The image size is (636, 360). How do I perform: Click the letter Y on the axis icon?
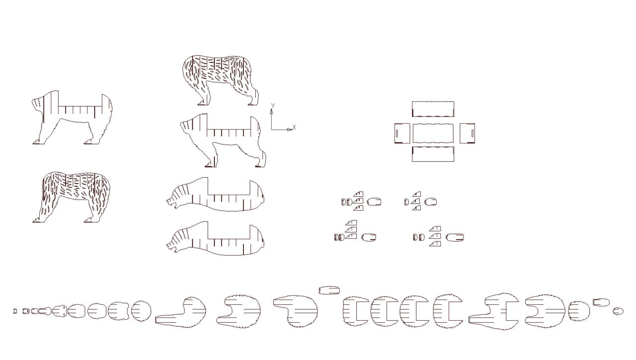pos(273,106)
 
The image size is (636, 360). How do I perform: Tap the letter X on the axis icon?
pos(294,128)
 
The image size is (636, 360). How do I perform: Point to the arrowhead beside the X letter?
pos(290,130)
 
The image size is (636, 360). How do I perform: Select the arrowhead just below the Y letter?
pos(271,111)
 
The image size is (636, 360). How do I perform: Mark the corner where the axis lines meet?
pos(271,130)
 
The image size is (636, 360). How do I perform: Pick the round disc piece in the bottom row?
pos(141,311)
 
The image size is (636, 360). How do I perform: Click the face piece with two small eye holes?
pos(60,311)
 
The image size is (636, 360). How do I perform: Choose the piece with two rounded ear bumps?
pos(119,311)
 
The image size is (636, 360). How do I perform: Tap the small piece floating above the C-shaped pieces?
pos(329,290)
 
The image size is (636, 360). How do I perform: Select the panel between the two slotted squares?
pos(433,133)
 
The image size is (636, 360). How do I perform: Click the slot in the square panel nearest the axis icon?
pos(397,133)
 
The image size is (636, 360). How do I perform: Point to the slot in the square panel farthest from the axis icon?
pos(472,133)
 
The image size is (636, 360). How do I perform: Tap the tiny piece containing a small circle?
pos(26,311)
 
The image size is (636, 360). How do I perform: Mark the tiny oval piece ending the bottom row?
pos(618,311)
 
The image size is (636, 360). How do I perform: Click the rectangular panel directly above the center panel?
pos(433,109)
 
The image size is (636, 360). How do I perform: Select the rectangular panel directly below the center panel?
pos(433,154)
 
